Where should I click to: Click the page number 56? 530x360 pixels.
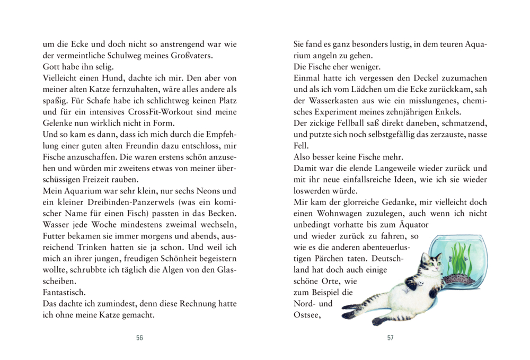(139, 338)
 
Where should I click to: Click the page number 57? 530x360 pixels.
(390, 338)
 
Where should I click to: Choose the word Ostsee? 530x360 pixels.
(307, 317)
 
